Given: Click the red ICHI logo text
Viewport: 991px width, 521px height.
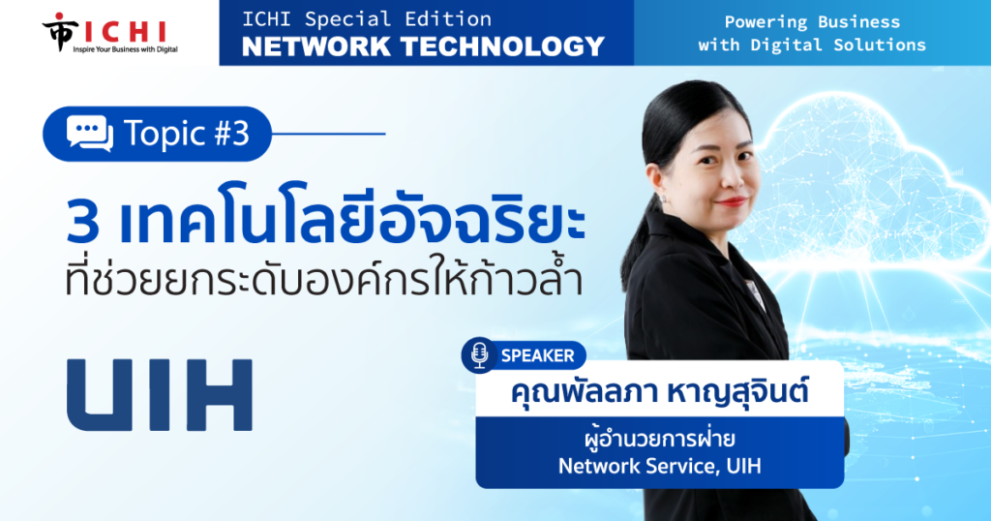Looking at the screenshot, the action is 125,31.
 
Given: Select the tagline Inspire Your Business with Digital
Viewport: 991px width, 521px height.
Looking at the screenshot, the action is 125,48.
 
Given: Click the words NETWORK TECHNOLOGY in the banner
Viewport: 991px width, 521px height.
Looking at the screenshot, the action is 424,46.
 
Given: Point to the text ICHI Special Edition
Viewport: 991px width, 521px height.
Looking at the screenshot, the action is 367,19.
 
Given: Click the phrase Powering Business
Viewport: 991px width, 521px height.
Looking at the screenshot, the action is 812,22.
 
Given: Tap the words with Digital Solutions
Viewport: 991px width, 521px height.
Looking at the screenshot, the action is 812,45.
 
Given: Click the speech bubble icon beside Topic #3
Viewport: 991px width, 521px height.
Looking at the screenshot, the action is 90,134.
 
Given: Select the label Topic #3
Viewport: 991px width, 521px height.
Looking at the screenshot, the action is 187,134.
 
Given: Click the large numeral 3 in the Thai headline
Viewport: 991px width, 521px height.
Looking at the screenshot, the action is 83,223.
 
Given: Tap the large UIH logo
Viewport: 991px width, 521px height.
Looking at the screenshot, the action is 160,395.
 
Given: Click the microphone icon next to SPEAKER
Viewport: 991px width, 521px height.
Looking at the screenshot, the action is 480,354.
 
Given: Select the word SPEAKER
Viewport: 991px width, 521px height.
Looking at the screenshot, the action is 538,355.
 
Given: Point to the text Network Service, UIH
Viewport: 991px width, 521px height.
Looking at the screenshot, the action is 659,466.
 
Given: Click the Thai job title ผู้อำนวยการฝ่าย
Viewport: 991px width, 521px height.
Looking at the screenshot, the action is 659,438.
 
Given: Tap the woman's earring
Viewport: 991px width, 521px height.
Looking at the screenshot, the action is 663,198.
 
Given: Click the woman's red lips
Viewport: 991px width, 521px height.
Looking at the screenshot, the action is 732,202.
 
